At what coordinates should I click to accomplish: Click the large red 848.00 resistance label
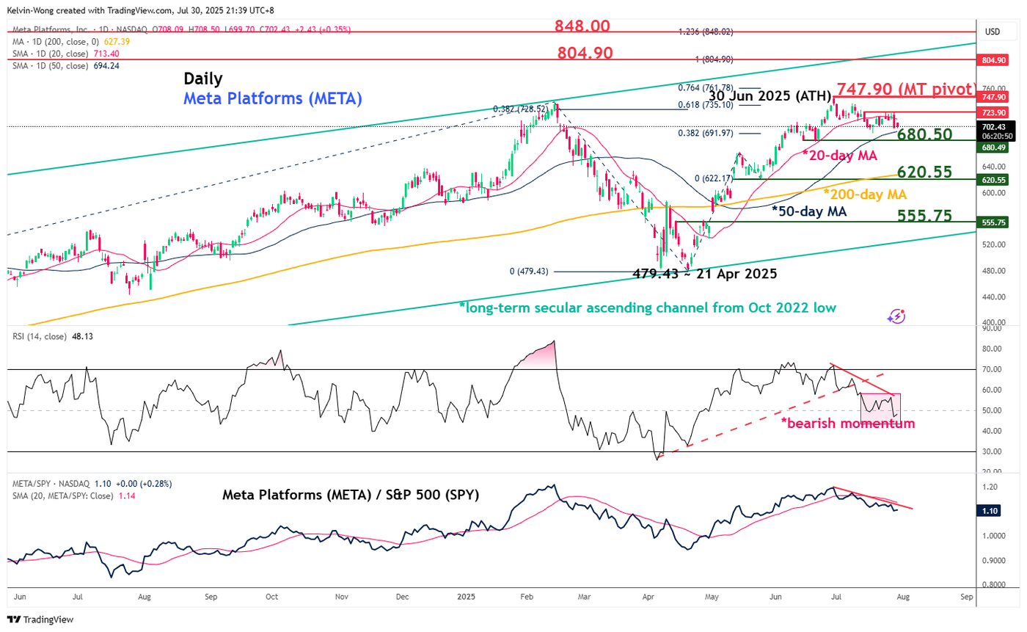pos(583,26)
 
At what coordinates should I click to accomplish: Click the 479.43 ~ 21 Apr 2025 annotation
pos(704,274)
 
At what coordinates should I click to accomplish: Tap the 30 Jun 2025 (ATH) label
pos(770,97)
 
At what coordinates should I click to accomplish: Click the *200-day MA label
pos(864,195)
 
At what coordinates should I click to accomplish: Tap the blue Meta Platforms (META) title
pos(272,99)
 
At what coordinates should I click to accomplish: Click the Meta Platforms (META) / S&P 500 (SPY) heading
pos(351,495)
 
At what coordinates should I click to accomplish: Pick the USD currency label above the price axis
pos(992,32)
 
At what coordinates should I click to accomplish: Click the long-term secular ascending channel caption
pos(647,308)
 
